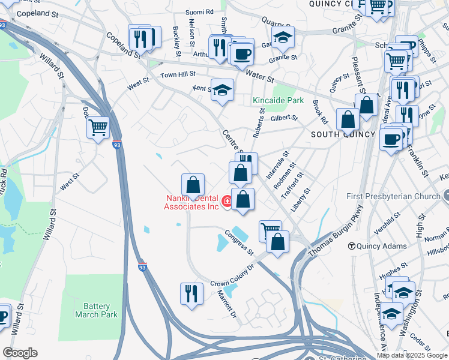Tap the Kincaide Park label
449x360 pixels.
[x=278, y=100]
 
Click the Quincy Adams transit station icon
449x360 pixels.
[x=353, y=245]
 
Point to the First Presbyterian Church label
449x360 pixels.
[x=393, y=196]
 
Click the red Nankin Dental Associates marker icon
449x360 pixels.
[x=228, y=201]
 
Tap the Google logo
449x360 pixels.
[x=20, y=353]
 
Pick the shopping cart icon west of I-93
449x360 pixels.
[x=98, y=127]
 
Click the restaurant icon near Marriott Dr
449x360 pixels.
[x=191, y=293]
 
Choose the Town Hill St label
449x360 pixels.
[x=178, y=74]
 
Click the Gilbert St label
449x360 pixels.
[x=284, y=118]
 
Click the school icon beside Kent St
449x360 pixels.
[x=222, y=90]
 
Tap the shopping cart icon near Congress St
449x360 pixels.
[x=270, y=230]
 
